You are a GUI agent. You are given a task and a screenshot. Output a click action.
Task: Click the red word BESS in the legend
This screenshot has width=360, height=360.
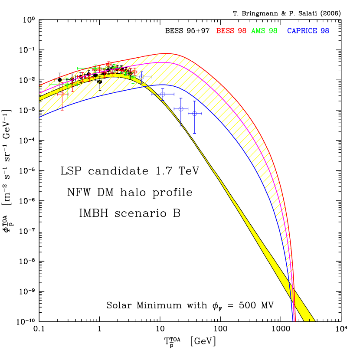point(225,31)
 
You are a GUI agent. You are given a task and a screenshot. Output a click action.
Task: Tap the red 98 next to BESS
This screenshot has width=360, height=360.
point(242,31)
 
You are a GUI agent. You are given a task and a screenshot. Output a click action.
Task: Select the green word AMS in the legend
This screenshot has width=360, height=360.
point(258,31)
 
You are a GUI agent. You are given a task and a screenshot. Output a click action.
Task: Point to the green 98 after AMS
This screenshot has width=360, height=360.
point(273,31)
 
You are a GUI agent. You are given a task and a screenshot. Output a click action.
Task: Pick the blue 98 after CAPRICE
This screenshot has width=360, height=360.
point(325,31)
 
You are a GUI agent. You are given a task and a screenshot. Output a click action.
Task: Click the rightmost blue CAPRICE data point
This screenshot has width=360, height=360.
point(195,114)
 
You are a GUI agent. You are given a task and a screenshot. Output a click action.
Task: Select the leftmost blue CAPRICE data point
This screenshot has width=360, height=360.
point(141,77)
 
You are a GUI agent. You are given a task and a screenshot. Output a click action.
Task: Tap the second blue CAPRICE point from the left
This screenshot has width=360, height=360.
point(163,94)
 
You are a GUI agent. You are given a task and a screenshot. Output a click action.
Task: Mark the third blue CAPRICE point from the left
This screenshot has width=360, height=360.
point(181,109)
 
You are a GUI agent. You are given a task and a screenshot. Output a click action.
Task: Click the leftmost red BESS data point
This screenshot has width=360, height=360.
point(62,94)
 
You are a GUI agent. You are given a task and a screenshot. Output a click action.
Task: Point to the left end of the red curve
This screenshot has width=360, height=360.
point(40,86)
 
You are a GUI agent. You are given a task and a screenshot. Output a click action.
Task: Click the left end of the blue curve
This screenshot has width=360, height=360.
point(40,117)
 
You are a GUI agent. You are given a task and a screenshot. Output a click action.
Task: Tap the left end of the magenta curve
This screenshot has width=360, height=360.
point(40,94)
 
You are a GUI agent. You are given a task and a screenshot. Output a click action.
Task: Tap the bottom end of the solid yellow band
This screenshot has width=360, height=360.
point(311,320)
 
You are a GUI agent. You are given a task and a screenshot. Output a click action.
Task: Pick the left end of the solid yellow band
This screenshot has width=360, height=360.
point(40,98)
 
